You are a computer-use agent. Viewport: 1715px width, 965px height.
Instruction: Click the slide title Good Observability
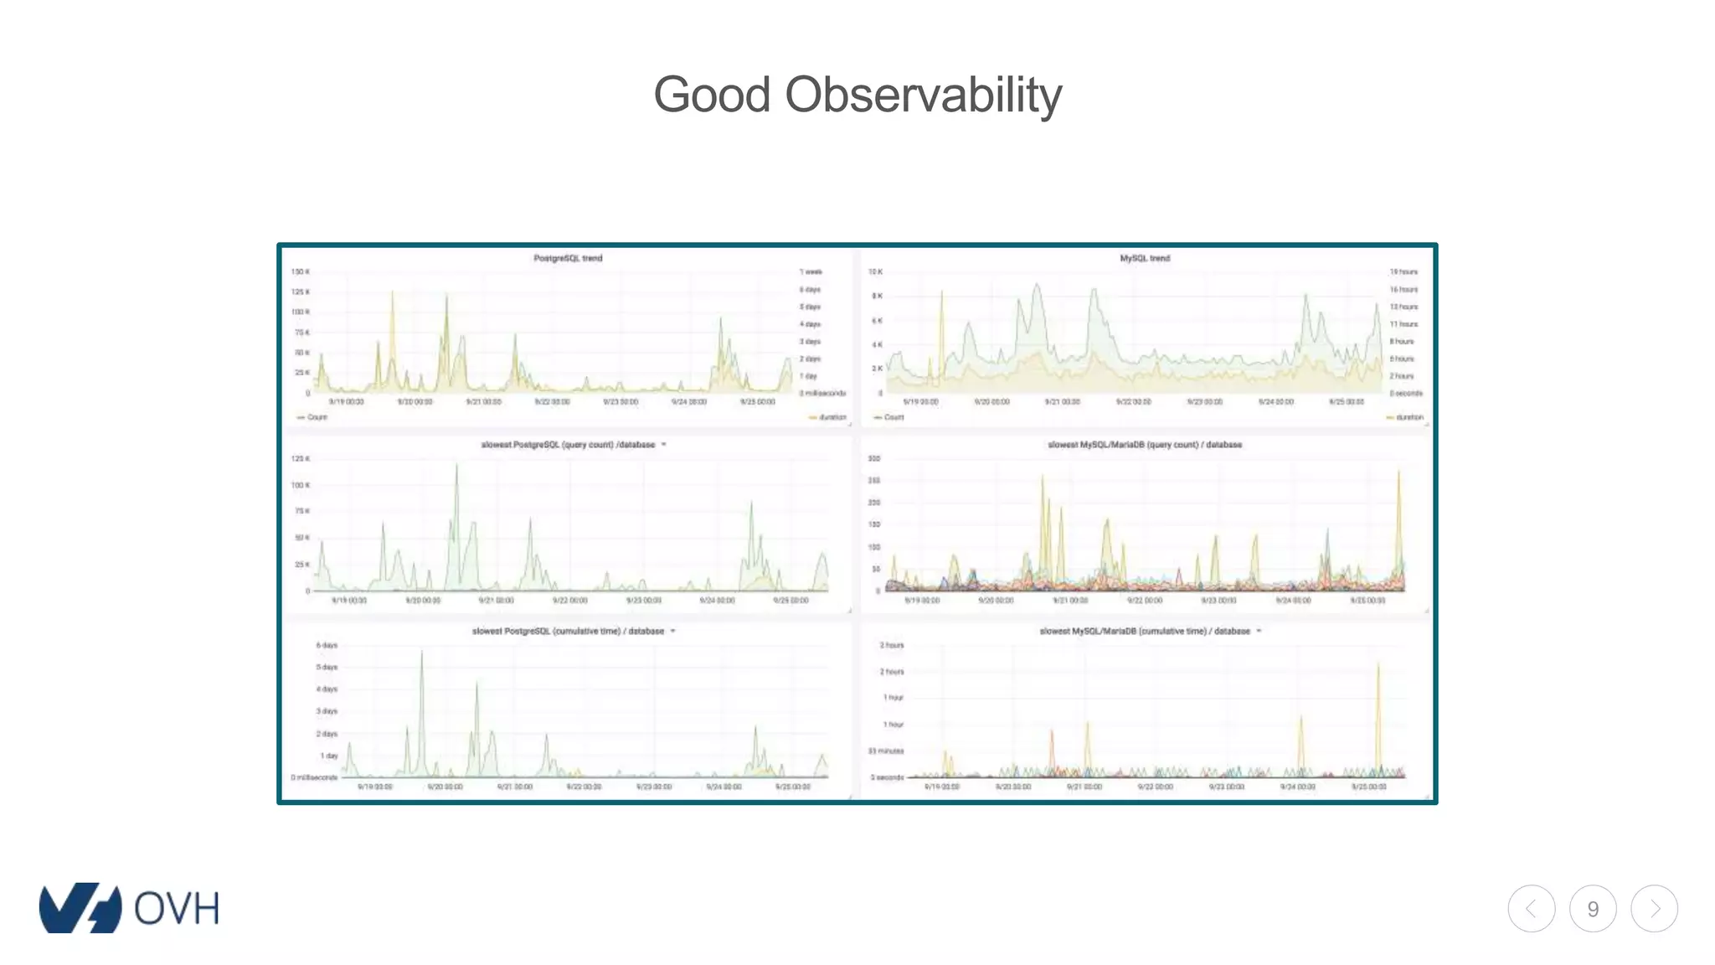coord(857,95)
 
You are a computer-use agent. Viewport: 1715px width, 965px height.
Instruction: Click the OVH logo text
coord(176,909)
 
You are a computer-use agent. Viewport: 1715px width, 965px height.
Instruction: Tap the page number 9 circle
coord(1593,909)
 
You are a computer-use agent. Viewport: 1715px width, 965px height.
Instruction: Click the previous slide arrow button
coord(1532,909)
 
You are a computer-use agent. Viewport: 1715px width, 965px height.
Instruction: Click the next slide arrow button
coord(1654,909)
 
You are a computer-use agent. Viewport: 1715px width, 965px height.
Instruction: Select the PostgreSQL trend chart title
coord(568,258)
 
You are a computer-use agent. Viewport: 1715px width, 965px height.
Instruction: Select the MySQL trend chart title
coord(1145,258)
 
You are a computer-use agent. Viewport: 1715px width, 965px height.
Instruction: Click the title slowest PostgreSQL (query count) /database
coord(568,445)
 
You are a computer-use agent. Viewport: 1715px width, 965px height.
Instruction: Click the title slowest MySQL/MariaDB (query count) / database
coord(1145,445)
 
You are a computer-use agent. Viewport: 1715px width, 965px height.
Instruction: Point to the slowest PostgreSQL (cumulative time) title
coord(568,632)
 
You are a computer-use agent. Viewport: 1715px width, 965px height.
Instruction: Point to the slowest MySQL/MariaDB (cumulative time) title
coord(1145,632)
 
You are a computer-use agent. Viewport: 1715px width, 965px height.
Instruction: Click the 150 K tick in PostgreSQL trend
coord(300,272)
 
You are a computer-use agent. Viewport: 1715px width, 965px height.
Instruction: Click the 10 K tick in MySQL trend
coord(875,272)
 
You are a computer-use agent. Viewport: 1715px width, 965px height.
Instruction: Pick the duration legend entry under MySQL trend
coord(1406,417)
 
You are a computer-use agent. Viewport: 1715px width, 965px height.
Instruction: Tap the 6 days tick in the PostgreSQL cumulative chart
coord(327,646)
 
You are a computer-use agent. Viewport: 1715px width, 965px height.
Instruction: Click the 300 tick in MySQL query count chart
coord(873,459)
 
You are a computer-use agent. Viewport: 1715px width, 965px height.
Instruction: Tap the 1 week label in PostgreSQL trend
coord(811,272)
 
